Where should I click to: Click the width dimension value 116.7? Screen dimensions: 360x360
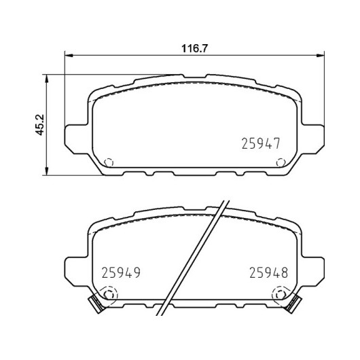pos(194,48)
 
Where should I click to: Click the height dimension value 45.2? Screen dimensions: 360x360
pos(39,125)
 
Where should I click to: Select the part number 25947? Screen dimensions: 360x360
pos(261,144)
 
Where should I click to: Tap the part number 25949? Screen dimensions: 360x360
pos(121,273)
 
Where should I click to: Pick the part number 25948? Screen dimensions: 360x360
pos(268,273)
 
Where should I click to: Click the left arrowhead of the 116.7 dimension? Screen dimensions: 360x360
pos(69,55)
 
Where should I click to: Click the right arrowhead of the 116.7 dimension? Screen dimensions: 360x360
pos(321,55)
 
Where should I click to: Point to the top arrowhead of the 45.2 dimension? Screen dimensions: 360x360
pos(47,79)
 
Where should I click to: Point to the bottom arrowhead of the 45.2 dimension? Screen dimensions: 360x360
pos(47,171)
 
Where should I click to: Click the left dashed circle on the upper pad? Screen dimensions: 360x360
pos(109,162)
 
